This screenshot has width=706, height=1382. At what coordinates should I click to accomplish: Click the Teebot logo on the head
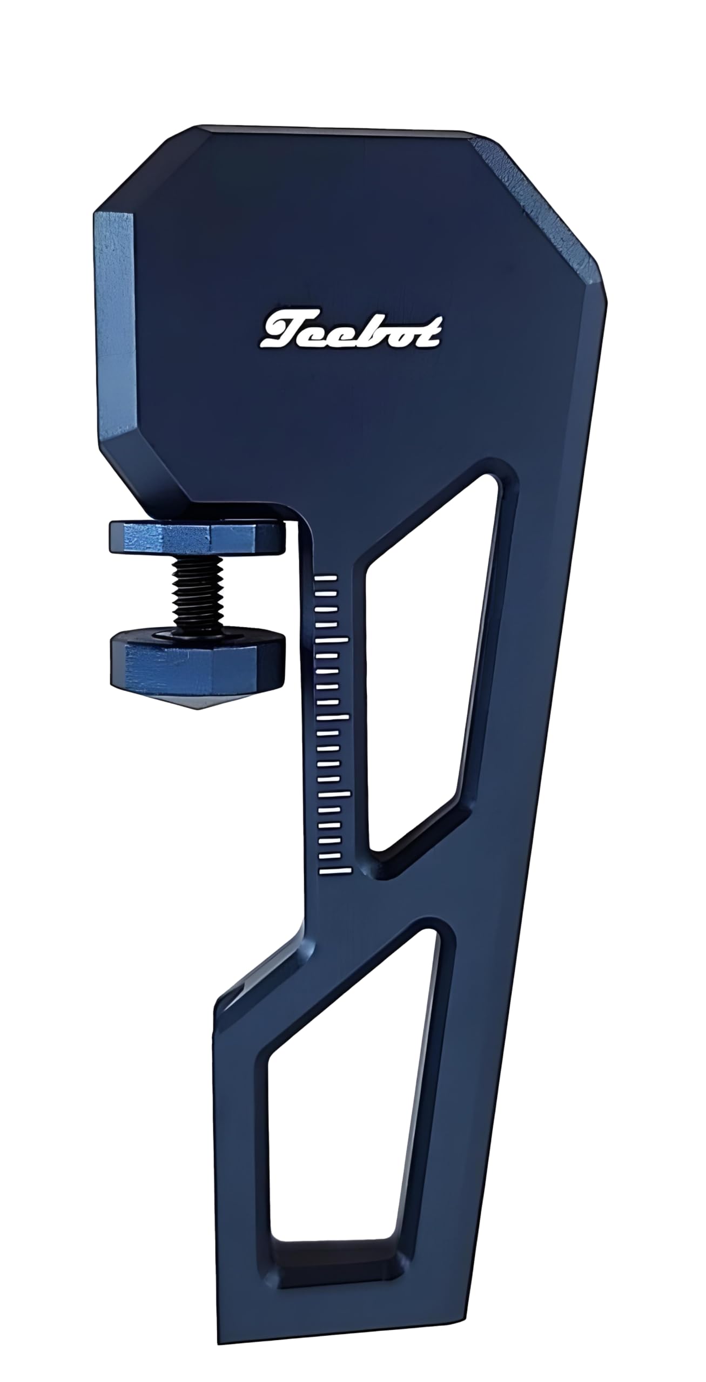(x=351, y=330)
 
